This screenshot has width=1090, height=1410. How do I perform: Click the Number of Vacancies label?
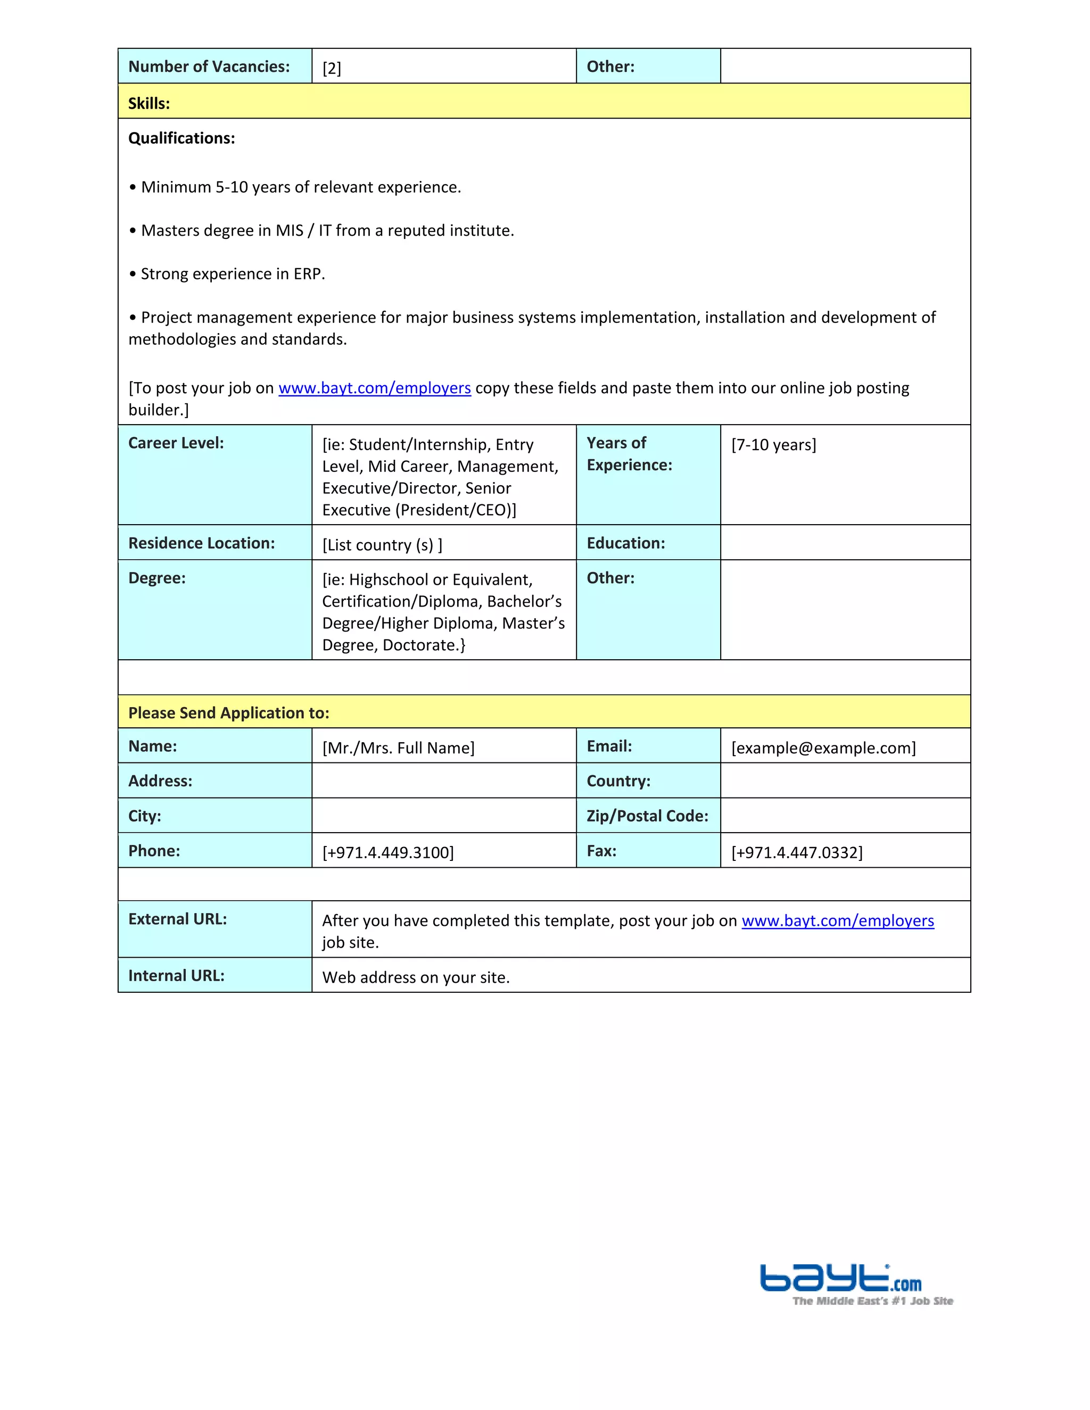(209, 67)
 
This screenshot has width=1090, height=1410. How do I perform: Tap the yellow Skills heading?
(149, 103)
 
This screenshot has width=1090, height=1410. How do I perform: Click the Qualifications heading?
(181, 138)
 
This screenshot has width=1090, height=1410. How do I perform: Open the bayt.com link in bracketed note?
(375, 388)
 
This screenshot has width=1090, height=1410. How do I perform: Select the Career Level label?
(176, 443)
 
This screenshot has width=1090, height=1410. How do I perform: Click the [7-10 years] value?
(773, 445)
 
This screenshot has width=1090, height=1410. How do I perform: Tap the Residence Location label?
(202, 543)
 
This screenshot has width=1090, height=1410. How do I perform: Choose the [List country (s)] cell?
(382, 545)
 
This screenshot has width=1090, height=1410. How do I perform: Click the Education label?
(625, 543)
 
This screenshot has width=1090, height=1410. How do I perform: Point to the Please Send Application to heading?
(228, 713)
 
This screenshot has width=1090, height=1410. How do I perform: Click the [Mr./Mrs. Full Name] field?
(399, 748)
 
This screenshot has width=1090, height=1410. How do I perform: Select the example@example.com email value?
(823, 748)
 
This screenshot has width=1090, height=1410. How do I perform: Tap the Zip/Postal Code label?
(647, 816)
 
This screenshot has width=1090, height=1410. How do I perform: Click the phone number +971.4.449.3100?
(388, 852)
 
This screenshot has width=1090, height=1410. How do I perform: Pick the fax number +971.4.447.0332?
(797, 852)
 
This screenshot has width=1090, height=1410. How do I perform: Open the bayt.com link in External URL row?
(838, 920)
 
